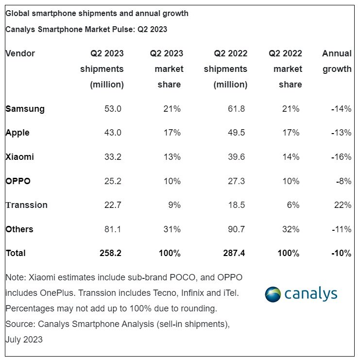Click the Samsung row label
tap(25, 109)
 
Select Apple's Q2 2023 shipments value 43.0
tap(113, 133)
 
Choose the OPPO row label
tap(18, 181)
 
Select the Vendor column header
tap(20, 53)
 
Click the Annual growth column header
tap(337, 61)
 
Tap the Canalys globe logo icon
tap(273, 294)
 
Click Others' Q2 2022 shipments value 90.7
tap(236, 229)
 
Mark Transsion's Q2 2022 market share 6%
tap(293, 205)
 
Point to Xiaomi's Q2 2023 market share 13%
tap(172, 157)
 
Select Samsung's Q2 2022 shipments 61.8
tap(236, 109)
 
